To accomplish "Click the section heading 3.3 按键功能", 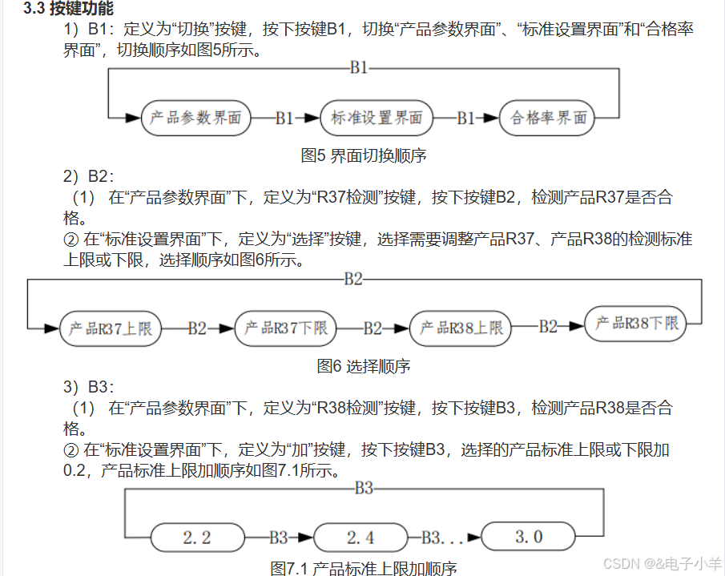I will pyautogui.click(x=68, y=10).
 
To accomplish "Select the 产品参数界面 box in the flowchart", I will pyautogui.click(x=195, y=118).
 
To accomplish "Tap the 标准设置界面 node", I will pyautogui.click(x=377, y=118).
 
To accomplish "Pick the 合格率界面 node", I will pyautogui.click(x=549, y=118).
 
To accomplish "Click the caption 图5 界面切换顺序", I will pyautogui.click(x=363, y=155).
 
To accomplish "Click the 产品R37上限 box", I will pyautogui.click(x=111, y=328).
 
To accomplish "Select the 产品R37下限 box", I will pyautogui.click(x=285, y=328).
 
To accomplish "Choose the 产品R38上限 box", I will pyautogui.click(x=461, y=328).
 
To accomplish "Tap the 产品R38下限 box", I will pyautogui.click(x=636, y=324).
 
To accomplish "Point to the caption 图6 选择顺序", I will pyautogui.click(x=363, y=366).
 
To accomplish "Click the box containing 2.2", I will pyautogui.click(x=197, y=537).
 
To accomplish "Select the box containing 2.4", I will pyautogui.click(x=360, y=537).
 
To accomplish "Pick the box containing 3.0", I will pyautogui.click(x=528, y=536).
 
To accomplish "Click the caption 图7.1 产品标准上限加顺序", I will pyautogui.click(x=363, y=568).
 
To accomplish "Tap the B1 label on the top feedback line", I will pyautogui.click(x=359, y=68).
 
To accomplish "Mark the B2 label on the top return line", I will pyautogui.click(x=353, y=279).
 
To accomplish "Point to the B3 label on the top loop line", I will pyautogui.click(x=364, y=488).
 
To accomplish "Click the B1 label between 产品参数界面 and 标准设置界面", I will pyautogui.click(x=284, y=119).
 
